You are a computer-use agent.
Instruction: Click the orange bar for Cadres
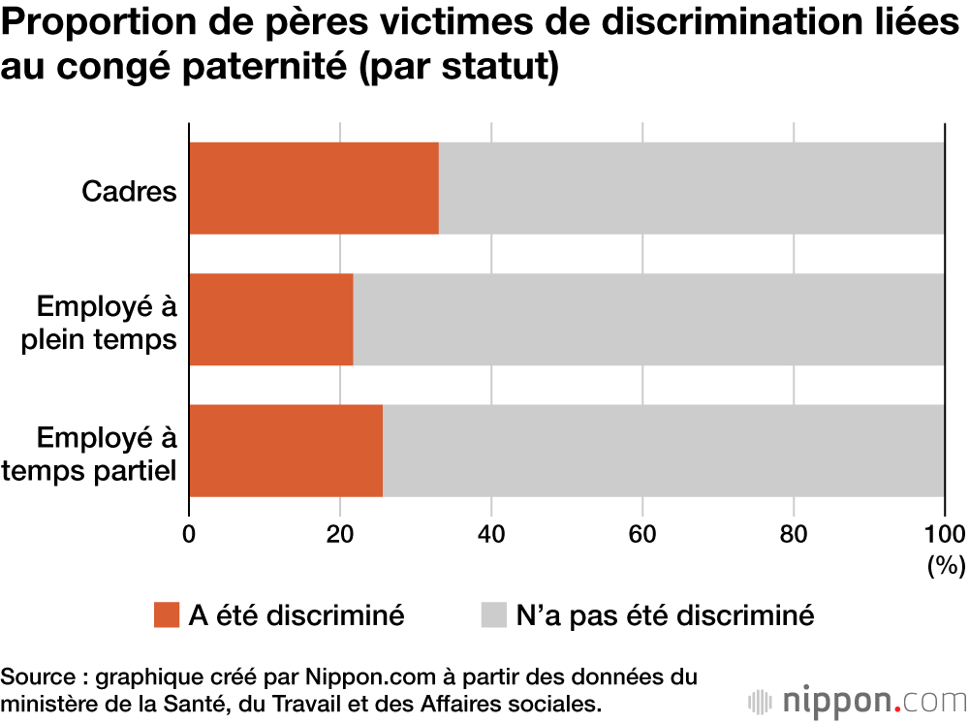coord(313,188)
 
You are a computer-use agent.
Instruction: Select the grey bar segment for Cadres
coord(691,188)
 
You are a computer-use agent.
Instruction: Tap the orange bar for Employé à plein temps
coord(270,319)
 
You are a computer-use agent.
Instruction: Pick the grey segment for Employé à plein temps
coord(648,319)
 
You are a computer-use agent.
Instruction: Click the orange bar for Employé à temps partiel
coord(285,451)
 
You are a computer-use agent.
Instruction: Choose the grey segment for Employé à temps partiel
coord(663,451)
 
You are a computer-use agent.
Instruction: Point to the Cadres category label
coord(129,191)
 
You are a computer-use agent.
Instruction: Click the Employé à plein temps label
coord(107,323)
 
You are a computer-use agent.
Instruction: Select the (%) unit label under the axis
coord(946,565)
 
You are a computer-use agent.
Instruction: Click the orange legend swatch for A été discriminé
coord(167,614)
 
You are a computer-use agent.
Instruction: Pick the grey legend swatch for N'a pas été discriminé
coord(493,614)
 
